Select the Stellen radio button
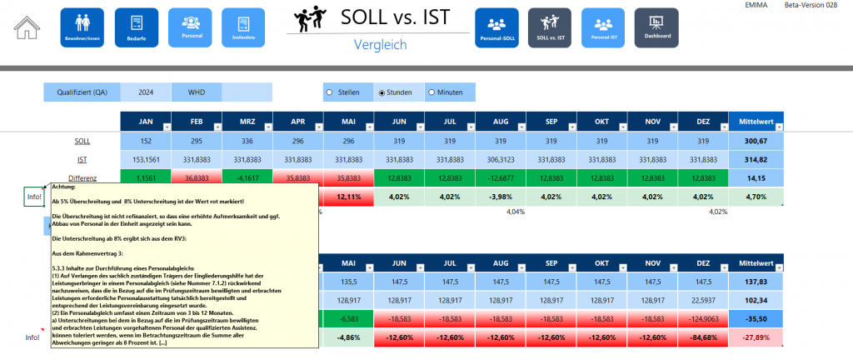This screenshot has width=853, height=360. coord(331,92)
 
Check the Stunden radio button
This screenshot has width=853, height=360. coord(382,92)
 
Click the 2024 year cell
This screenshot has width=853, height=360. coord(146,92)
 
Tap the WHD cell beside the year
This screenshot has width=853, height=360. coord(197,92)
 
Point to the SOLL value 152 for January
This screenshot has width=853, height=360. coord(145,141)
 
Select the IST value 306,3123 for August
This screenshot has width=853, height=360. coord(500,159)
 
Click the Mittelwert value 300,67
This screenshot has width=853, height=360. coord(756,141)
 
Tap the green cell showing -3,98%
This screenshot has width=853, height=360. coord(500,197)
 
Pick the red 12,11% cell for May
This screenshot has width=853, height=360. coord(348,197)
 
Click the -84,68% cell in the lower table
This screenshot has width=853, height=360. coord(702,337)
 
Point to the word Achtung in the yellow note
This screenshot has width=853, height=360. coord(64,187)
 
